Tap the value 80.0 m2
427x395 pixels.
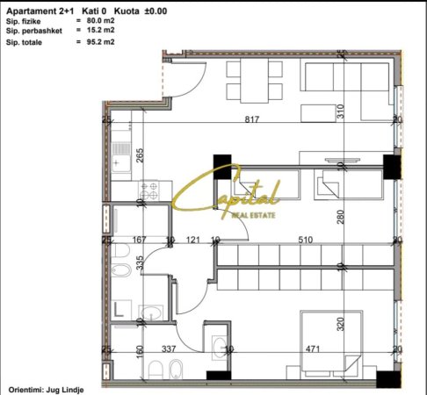tap(92, 18)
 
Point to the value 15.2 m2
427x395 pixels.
tap(92, 29)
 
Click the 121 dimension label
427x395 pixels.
tap(194, 238)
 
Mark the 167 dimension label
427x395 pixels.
tap(137, 238)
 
